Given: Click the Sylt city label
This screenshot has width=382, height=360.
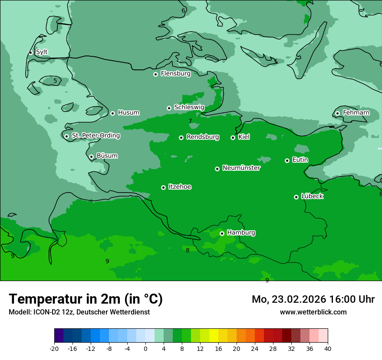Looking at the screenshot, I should tap(42, 52).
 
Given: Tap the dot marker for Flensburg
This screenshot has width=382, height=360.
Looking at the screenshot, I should tap(155, 74).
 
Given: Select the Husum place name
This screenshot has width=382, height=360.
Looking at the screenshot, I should tap(128, 113).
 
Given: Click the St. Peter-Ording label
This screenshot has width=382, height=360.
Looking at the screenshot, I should tap(95, 136).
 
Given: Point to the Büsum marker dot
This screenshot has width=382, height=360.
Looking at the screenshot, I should tap(91, 157).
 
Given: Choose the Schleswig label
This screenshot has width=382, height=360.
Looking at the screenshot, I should tap(189, 107).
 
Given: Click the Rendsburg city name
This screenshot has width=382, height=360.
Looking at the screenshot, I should tap(203, 137).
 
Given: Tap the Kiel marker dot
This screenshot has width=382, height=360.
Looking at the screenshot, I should tap(233, 137).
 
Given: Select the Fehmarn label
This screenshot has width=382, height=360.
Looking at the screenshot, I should tap(356, 113).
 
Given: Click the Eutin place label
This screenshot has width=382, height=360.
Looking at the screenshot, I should tap(300, 160).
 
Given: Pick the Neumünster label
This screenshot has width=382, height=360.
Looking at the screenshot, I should tap(241, 168).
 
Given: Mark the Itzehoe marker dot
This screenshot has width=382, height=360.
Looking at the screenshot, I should tap(163, 187).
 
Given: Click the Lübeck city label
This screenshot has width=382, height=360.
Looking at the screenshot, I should tap(312, 196).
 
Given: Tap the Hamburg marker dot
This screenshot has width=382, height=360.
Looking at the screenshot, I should tap(222, 233).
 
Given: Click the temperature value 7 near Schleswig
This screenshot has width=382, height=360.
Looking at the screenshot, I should tap(190, 121).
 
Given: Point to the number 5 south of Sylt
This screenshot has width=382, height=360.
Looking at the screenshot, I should tap(55, 81).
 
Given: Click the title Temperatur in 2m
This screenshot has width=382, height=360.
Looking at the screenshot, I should tap(86, 299).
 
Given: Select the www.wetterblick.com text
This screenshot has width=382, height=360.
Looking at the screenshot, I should tap(313, 312).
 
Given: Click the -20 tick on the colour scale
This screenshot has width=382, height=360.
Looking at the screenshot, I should tap(54, 348).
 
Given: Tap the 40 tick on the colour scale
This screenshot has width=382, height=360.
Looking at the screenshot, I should tap(327, 348).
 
